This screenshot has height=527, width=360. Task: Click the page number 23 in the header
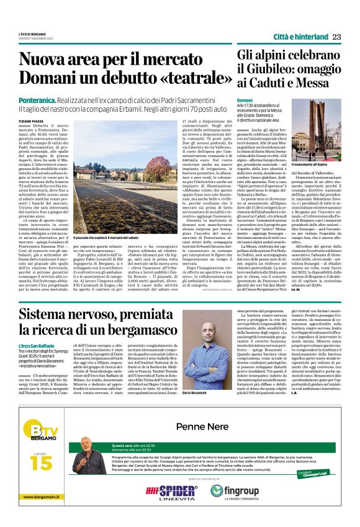click(338, 36)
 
